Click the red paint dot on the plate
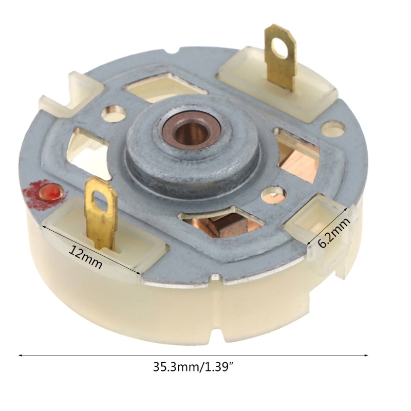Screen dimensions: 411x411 coord(50,192)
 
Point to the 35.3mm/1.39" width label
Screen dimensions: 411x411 coord(193,367)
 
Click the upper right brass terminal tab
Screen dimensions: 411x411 coord(280,58)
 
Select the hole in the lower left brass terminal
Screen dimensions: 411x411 coord(101,201)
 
